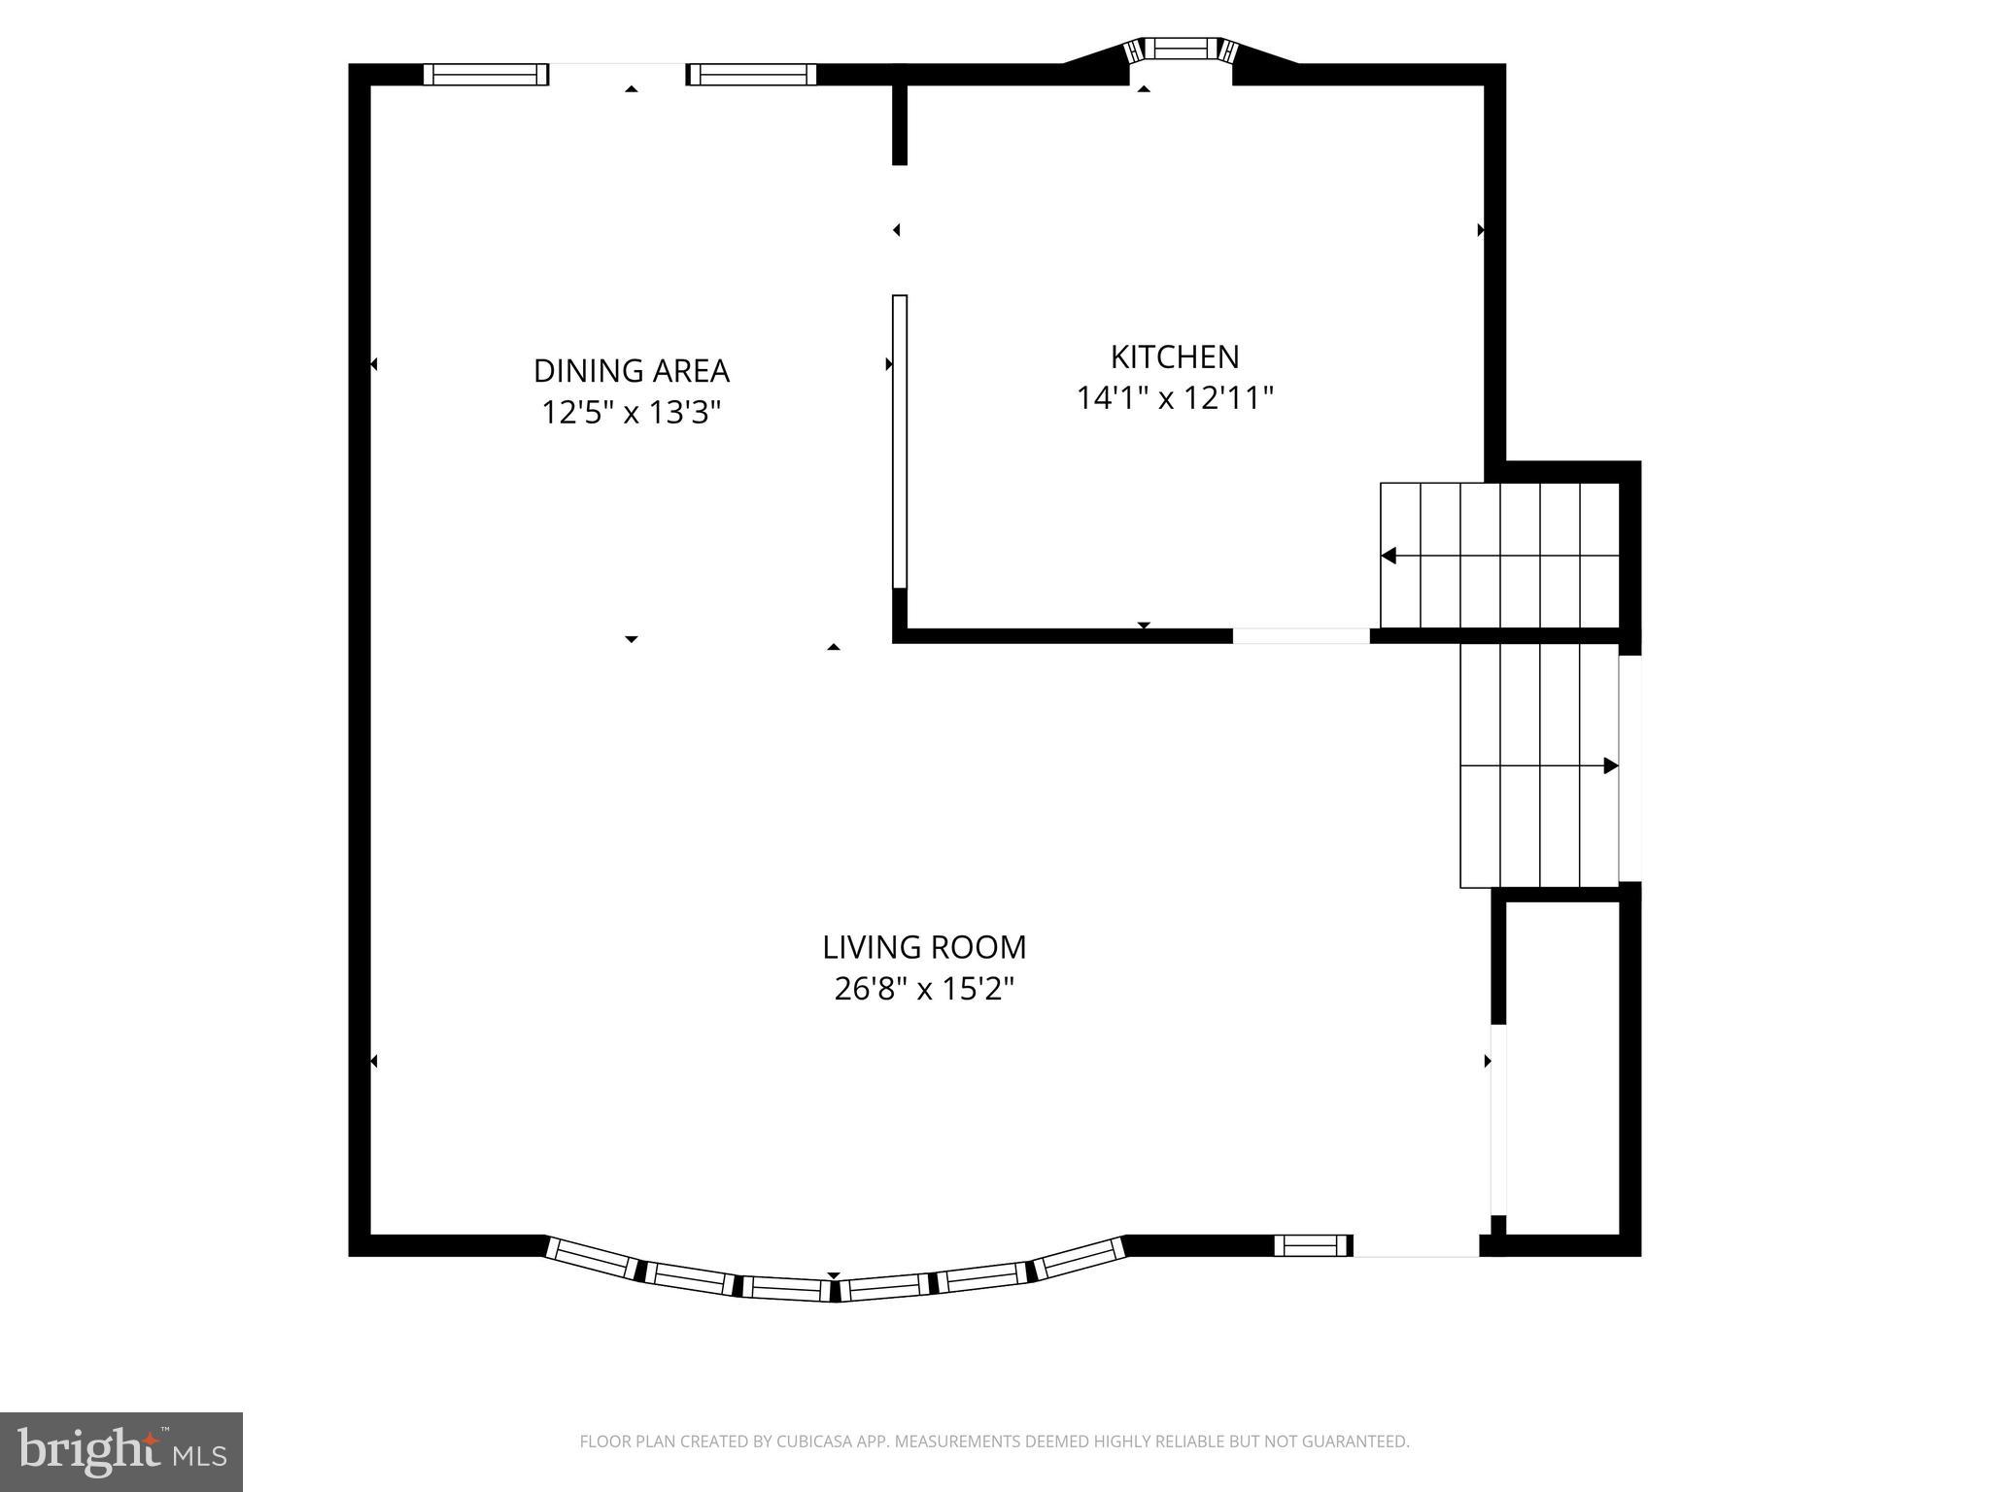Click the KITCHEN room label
pyautogui.click(x=1174, y=356)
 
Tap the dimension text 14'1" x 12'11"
pyautogui.click(x=1174, y=398)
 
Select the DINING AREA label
pyautogui.click(x=631, y=370)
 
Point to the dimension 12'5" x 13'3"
pyautogui.click(x=631, y=413)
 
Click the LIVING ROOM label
pyautogui.click(x=923, y=947)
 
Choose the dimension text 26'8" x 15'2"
pyautogui.click(x=923, y=989)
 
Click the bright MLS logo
pyautogui.click(x=120, y=1451)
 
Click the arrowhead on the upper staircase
pyautogui.click(x=1390, y=556)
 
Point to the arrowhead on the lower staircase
pyautogui.click(x=1610, y=765)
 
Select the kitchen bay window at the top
pyautogui.click(x=1180, y=49)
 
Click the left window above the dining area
pyautogui.click(x=485, y=74)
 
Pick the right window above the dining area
pyautogui.click(x=752, y=74)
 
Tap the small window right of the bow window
pyautogui.click(x=1312, y=1245)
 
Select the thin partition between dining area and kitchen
pyautogui.click(x=900, y=442)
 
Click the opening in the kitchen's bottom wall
pyautogui.click(x=1301, y=636)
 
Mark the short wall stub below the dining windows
pyautogui.click(x=900, y=124)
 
